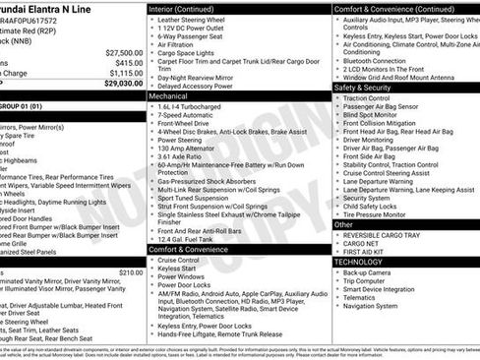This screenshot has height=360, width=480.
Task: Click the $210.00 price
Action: (131, 271)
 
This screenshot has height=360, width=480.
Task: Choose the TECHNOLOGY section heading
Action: (363, 262)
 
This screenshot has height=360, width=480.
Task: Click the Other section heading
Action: (344, 224)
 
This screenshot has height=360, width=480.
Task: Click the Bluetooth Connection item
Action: (380, 60)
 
